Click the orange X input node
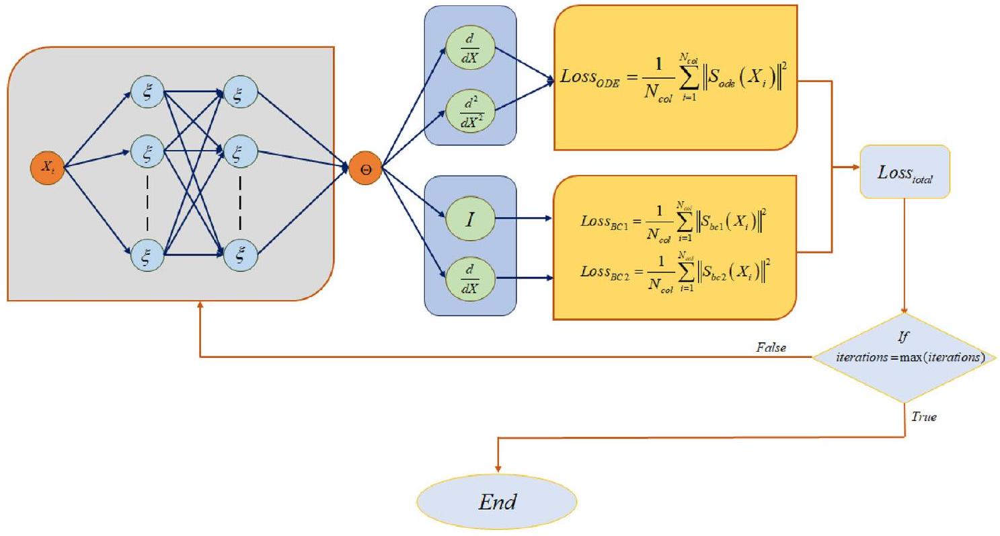[x=47, y=168]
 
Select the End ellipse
[x=497, y=502]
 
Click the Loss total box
[x=905, y=172]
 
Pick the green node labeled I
[x=470, y=218]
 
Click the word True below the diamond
[x=923, y=417]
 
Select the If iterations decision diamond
[x=905, y=358]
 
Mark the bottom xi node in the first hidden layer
[x=148, y=254]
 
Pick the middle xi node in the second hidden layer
[x=239, y=153]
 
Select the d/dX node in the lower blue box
[x=470, y=276]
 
